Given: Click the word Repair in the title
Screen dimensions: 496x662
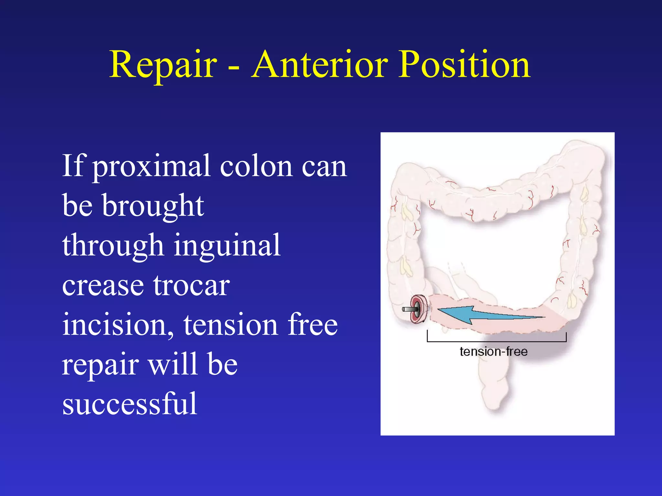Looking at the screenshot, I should (x=163, y=65).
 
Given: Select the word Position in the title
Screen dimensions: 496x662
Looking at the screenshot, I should (x=464, y=65).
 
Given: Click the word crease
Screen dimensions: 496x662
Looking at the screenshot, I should (x=103, y=285).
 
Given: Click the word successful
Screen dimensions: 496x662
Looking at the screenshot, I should (x=130, y=404).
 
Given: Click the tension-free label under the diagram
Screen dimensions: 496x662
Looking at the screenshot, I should (x=493, y=351).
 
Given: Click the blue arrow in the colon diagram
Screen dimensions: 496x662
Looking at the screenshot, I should (x=485, y=314).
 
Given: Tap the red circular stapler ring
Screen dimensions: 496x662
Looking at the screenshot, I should (x=418, y=309).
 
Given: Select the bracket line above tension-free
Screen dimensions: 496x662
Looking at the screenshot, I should (x=496, y=341).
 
